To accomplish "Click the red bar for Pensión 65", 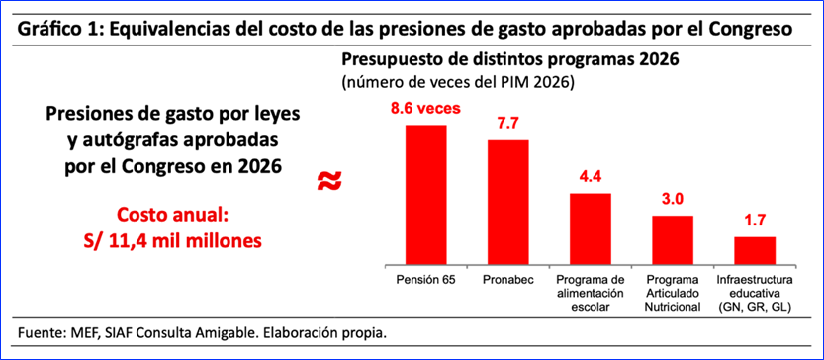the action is [425, 195].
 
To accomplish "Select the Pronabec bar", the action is [508, 203].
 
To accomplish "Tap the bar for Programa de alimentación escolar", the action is [591, 228].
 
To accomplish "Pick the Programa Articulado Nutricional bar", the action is [673, 239].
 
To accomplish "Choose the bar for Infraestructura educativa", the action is [755, 250].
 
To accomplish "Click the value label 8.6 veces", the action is [425, 109].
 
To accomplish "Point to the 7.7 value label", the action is [508, 125].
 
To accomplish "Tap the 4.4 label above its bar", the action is [591, 179].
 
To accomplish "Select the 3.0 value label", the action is [673, 201].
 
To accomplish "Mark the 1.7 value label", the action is [755, 223].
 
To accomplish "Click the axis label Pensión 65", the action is [425, 280].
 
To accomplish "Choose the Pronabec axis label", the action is [508, 280].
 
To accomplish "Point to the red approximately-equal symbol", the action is [329, 180].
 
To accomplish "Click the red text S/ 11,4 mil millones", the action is [172, 240].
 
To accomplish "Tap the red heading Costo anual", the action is [172, 216].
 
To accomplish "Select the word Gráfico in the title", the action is [45, 29].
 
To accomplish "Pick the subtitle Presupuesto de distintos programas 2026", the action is [510, 59].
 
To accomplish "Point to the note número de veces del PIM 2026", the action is [457, 83].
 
